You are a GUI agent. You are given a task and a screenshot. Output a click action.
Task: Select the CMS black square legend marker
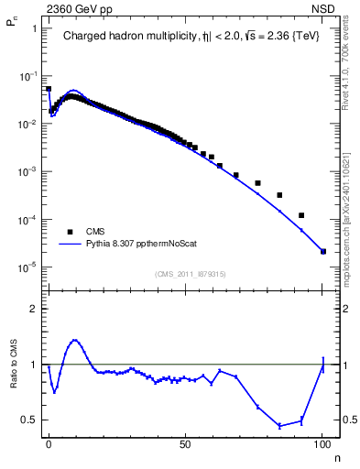tap(69, 232)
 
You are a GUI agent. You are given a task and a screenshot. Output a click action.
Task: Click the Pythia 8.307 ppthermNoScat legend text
tap(137, 245)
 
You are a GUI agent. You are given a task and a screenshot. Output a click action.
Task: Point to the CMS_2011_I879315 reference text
tap(191, 274)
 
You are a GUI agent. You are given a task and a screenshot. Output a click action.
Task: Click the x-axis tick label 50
tap(186, 442)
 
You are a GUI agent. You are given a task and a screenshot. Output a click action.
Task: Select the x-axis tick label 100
tap(322, 442)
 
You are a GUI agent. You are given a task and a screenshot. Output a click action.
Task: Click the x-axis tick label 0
tap(49, 442)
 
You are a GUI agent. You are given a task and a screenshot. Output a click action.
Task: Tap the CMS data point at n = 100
tap(323, 251)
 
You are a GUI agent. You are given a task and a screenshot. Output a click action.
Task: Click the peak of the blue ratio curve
tap(75, 340)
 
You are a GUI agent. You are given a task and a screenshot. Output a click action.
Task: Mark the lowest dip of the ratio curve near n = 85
tap(279, 426)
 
